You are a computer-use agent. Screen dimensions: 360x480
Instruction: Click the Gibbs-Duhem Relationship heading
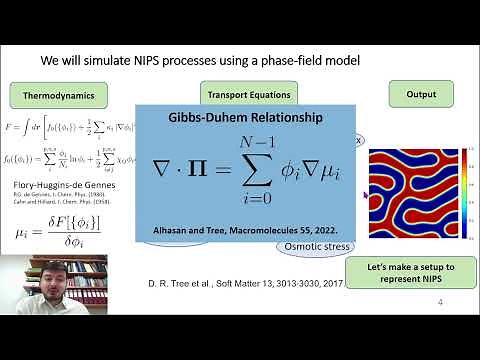tap(245, 118)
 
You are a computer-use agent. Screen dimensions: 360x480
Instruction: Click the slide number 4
tap(440, 325)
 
